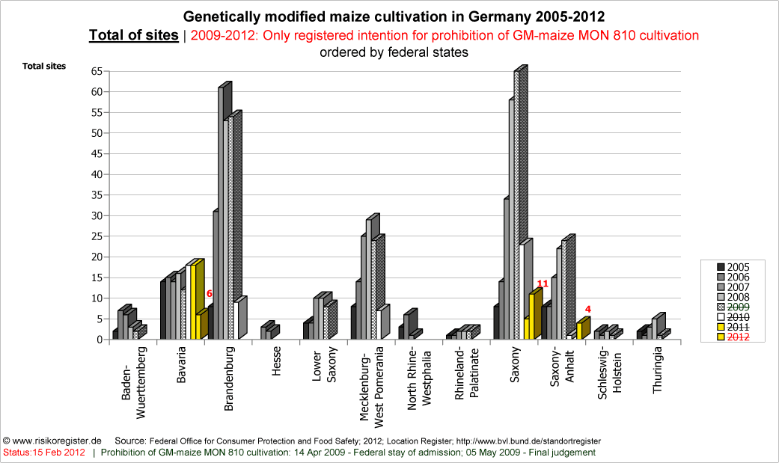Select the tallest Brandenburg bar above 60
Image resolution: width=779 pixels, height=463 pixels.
[x=222, y=209]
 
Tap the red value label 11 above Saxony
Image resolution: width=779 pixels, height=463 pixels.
[x=543, y=284]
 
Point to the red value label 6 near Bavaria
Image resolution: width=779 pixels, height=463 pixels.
[x=210, y=294]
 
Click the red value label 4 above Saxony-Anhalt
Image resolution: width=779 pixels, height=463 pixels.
[x=588, y=308]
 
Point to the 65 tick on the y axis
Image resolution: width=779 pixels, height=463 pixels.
[x=97, y=71]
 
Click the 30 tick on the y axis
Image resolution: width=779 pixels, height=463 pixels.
[x=97, y=215]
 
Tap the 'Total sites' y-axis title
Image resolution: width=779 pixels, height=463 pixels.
[x=44, y=66]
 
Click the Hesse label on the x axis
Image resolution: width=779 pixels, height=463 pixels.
[x=276, y=362]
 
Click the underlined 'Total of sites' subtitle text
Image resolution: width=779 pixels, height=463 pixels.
[x=134, y=35]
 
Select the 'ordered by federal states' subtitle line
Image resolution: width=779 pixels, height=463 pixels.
[x=394, y=52]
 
